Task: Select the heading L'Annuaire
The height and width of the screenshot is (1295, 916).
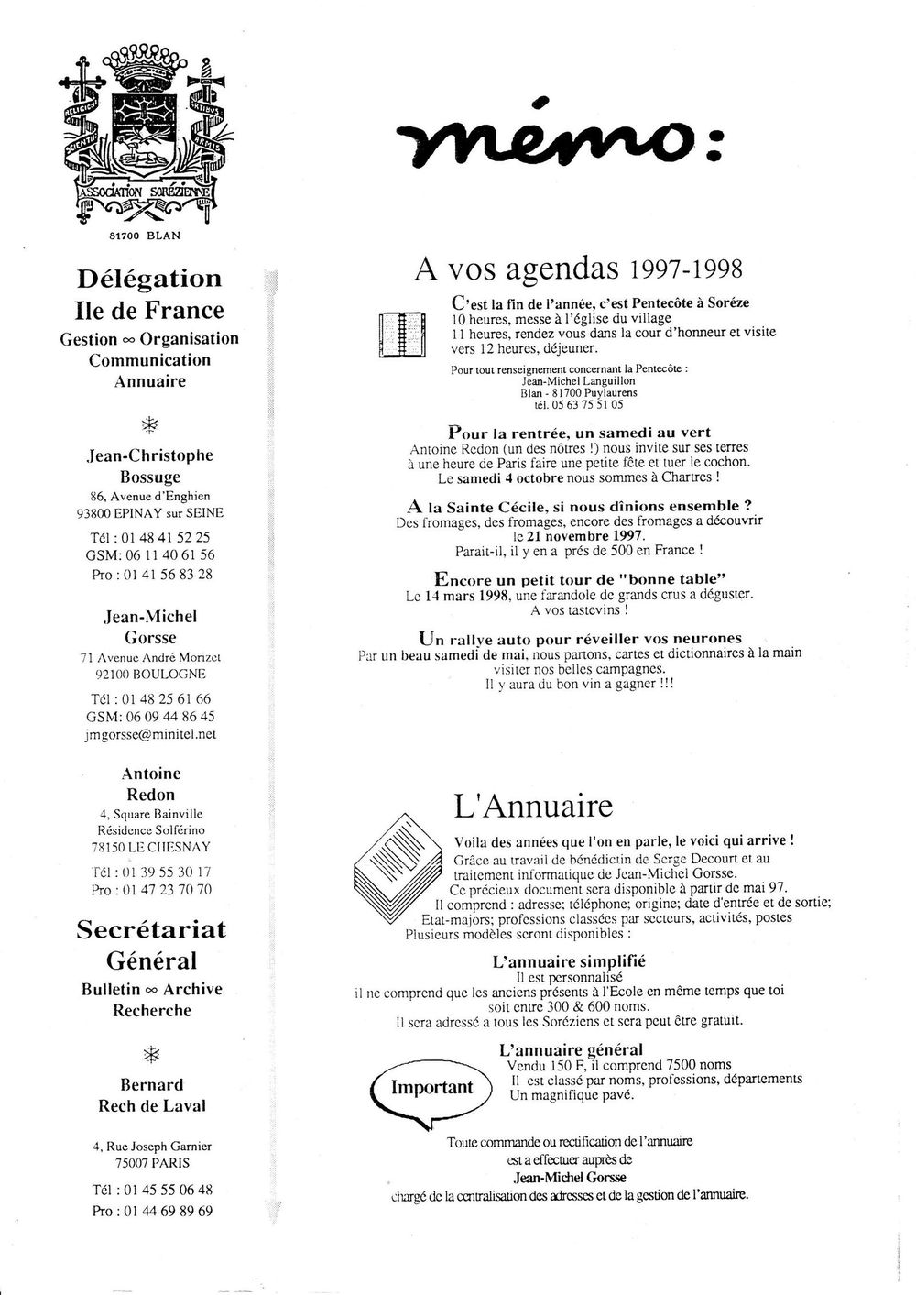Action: (x=532, y=807)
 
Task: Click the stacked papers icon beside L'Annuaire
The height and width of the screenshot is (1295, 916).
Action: (x=396, y=867)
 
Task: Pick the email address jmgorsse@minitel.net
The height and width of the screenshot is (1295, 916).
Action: (x=149, y=734)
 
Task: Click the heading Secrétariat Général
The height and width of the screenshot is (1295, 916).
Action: (x=150, y=945)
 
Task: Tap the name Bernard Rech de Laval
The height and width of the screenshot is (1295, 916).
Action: (x=151, y=1095)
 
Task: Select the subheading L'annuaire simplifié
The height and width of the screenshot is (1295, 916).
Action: (x=569, y=961)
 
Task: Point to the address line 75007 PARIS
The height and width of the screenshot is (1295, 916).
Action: (x=151, y=1163)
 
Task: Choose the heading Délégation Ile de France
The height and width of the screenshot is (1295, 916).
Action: (x=150, y=293)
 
